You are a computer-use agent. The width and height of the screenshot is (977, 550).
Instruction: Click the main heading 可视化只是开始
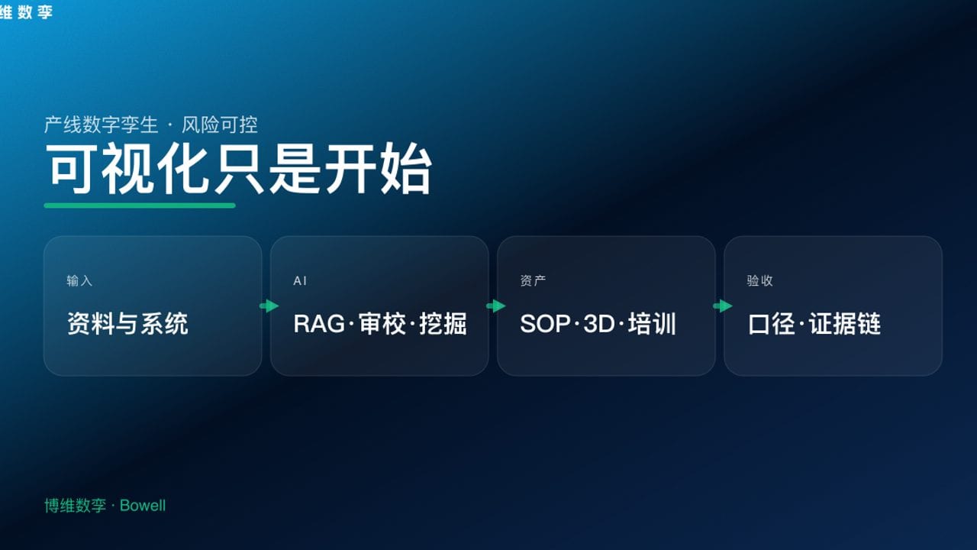239,169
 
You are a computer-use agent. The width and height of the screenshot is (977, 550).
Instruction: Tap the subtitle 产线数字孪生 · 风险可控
151,125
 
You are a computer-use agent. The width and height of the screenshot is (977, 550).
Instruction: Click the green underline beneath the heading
140,205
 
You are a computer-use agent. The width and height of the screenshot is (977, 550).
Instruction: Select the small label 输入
79,281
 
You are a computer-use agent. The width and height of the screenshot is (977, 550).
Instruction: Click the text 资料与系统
127,324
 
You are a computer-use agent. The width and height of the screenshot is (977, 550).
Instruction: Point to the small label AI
300,281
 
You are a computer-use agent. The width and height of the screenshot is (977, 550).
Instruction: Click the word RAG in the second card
318,324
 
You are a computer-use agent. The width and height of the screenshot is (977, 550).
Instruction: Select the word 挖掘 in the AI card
443,324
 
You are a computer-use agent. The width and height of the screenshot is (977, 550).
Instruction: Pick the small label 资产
533,281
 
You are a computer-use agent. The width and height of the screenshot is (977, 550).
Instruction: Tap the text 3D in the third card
599,324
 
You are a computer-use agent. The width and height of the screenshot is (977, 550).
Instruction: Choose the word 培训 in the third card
653,324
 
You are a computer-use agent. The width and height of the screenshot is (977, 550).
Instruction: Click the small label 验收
759,281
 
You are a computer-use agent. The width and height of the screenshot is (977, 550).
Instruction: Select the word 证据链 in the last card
845,324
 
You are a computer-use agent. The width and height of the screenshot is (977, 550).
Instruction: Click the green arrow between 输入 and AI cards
269,306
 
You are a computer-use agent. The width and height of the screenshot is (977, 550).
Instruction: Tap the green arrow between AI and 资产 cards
495,306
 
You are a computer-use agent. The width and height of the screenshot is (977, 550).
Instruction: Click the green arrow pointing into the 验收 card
722,306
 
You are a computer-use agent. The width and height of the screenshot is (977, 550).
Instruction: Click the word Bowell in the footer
143,506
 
